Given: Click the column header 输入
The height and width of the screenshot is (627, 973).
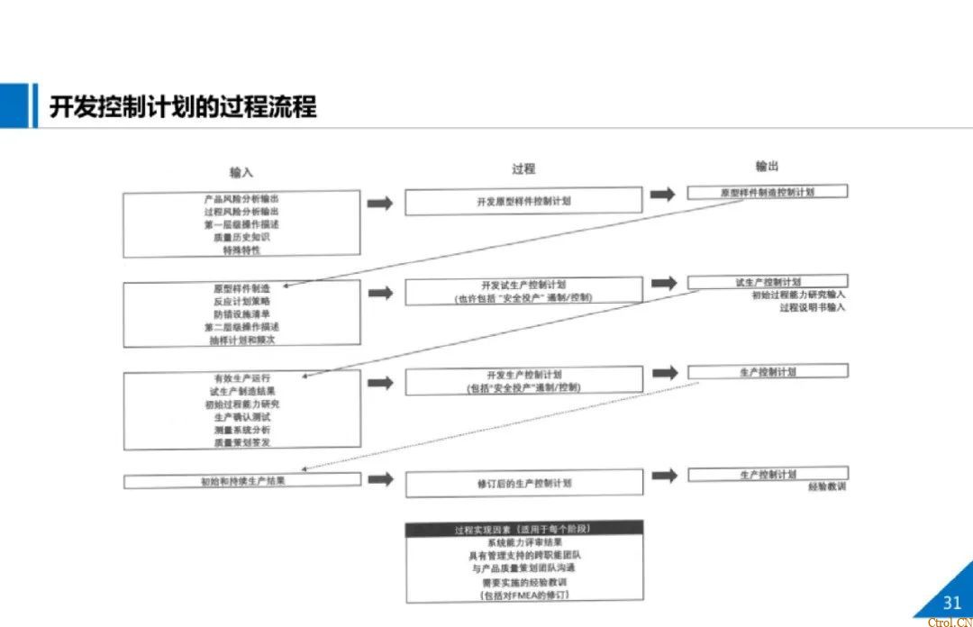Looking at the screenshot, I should (241, 172).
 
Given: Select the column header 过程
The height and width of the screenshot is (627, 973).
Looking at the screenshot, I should (523, 168).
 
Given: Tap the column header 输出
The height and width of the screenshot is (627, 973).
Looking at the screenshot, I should (767, 166).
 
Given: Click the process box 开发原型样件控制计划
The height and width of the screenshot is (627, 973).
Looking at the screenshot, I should (523, 202).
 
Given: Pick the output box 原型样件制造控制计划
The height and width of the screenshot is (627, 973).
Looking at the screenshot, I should (767, 192).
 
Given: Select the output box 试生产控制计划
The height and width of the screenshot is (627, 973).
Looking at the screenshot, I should (767, 282).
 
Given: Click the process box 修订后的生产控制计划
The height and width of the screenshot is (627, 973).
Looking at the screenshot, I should (523, 484).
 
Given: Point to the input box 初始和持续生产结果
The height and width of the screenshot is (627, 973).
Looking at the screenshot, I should (242, 481).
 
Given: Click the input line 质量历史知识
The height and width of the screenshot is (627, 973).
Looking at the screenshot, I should (241, 237).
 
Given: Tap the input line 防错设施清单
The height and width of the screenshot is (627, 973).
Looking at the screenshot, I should (241, 313).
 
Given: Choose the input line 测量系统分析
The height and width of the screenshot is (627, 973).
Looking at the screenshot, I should (241, 430).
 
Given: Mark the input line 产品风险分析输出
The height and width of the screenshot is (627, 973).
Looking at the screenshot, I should (241, 198).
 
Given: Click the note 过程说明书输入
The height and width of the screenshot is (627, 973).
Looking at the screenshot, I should (812, 307).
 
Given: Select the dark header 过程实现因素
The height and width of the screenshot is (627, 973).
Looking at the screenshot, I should (523, 529).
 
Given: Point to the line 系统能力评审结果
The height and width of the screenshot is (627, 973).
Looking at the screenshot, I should (523, 542).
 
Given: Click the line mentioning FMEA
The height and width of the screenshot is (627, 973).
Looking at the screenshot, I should (523, 595).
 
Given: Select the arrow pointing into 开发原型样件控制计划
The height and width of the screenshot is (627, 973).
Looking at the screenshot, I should (380, 203).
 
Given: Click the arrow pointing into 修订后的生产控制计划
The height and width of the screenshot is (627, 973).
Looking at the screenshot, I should (380, 479).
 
